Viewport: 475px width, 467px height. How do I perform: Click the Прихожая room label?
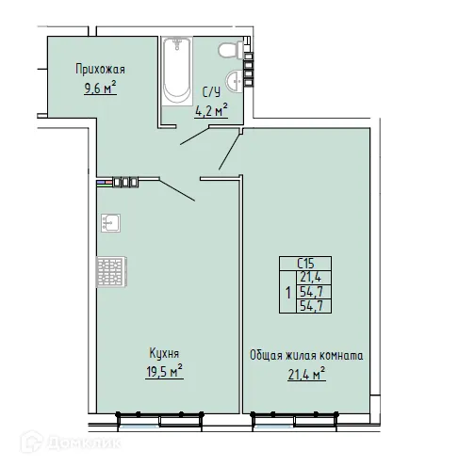pyautogui.click(x=101, y=69)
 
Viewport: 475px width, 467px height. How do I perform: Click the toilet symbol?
pyautogui.click(x=225, y=50)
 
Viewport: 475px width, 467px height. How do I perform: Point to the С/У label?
pyautogui.click(x=213, y=91)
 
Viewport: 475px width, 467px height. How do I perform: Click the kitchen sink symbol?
pyautogui.click(x=108, y=224)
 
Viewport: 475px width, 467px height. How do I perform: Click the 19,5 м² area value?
pyautogui.click(x=164, y=372)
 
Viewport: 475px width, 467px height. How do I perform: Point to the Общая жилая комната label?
pyautogui.click(x=307, y=356)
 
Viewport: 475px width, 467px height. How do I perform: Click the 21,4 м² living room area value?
pyautogui.click(x=307, y=376)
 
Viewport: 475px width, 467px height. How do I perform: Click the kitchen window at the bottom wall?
pyautogui.click(x=160, y=415)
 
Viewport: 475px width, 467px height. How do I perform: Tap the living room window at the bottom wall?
pyautogui.click(x=306, y=415)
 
